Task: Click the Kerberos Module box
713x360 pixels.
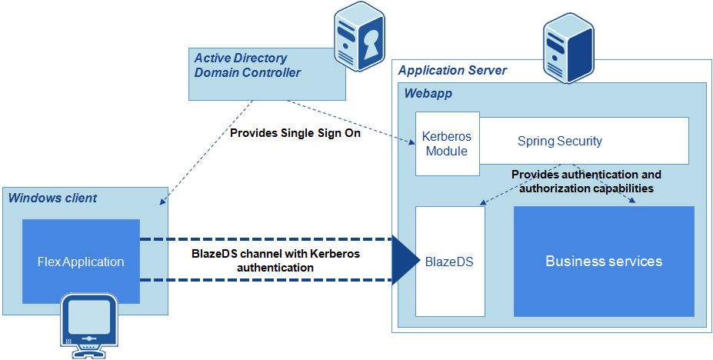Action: pos(447,144)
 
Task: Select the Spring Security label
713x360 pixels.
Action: pos(559,141)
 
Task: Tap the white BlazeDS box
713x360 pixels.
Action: pos(450,262)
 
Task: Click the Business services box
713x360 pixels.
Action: pos(604,262)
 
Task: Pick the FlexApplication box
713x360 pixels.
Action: pos(81,262)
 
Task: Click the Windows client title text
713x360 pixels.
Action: pos(52,198)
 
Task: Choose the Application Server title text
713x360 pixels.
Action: pos(452,71)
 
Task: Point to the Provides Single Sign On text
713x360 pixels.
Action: pos(295,133)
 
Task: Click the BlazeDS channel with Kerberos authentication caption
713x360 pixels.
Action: pos(275,260)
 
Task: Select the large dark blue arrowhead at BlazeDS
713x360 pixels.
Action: pos(403,261)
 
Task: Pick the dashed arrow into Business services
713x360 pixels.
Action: pos(608,185)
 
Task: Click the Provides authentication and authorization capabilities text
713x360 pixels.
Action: pos(586,181)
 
